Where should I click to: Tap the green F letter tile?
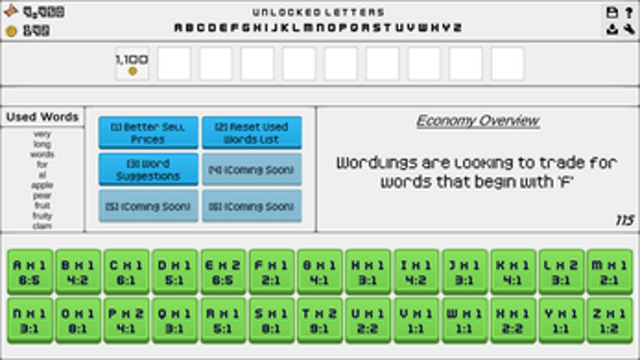[x=271, y=270]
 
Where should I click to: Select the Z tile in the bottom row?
[x=610, y=319]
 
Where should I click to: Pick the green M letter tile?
[x=610, y=270]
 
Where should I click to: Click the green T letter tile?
[x=320, y=319]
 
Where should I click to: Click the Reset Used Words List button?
[x=252, y=133]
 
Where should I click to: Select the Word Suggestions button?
[x=148, y=170]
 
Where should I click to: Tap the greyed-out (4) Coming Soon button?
[x=252, y=170]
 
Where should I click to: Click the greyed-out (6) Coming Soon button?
[x=252, y=206]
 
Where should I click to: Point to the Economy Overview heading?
[x=478, y=121]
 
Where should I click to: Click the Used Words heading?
[x=43, y=117]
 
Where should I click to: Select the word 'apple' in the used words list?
[x=43, y=185]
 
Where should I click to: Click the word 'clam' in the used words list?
[x=43, y=225]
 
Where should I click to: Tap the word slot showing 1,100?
[x=132, y=64]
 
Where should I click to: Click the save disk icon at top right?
[x=612, y=13]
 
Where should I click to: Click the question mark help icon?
[x=628, y=13]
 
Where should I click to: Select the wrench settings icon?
[x=628, y=30]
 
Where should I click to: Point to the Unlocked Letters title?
[x=318, y=13]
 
